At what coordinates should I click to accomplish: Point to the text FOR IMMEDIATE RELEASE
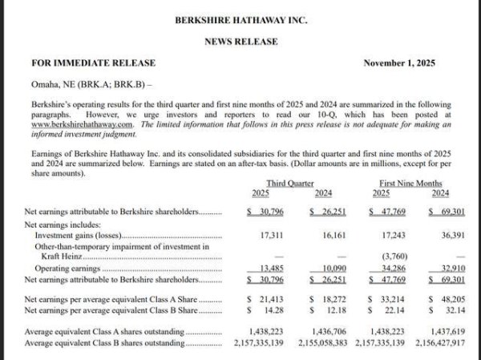tap(93, 63)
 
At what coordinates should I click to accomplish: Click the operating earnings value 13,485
tap(274, 268)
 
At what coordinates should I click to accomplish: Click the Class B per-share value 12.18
tap(331, 308)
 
